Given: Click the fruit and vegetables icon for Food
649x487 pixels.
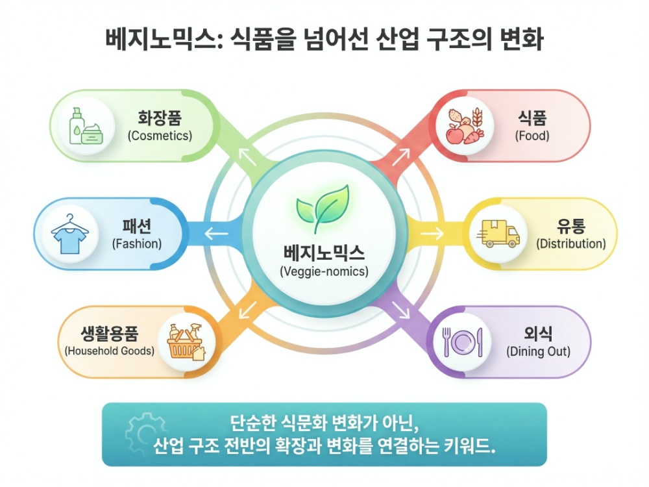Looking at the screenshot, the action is pyautogui.click(x=464, y=125).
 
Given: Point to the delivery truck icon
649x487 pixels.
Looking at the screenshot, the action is pyautogui.click(x=499, y=234).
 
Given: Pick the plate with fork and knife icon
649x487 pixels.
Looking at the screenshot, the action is pyautogui.click(x=462, y=342).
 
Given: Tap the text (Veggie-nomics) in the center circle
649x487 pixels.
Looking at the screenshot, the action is pyautogui.click(x=324, y=271).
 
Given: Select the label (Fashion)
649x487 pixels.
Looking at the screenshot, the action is pyautogui.click(x=136, y=244).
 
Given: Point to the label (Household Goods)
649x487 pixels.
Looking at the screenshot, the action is pyautogui.click(x=110, y=351).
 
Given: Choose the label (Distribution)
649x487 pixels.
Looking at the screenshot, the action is pyautogui.click(x=571, y=244).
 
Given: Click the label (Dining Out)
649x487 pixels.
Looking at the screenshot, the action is pyautogui.click(x=538, y=352).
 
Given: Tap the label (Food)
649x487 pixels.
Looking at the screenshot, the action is pyautogui.click(x=532, y=136).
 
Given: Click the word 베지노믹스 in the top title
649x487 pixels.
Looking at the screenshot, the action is pyautogui.click(x=154, y=40).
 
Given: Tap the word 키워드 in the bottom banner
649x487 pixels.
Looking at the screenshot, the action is pyautogui.click(x=471, y=447).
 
